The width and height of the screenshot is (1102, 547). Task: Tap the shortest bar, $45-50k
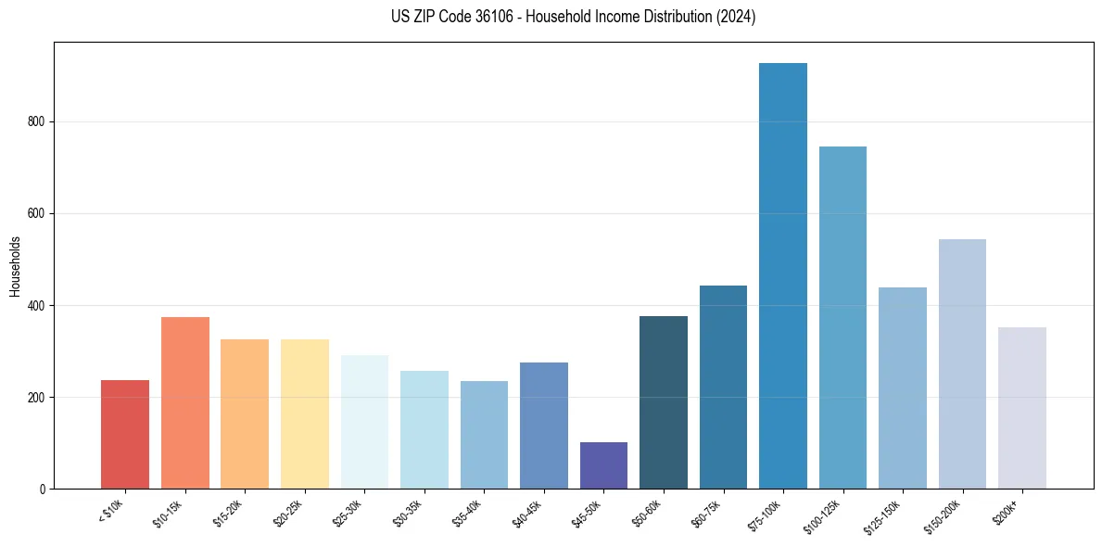click(603, 465)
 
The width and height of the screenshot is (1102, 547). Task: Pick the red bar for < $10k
click(125, 434)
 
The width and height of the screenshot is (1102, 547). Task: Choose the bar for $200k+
click(1021, 407)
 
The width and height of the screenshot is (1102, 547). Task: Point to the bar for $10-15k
click(184, 402)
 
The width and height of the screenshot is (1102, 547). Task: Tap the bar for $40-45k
click(543, 425)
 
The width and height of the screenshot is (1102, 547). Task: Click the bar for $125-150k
click(902, 388)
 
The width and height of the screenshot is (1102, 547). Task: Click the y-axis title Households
click(15, 266)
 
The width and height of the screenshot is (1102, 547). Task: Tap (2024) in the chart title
click(736, 17)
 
